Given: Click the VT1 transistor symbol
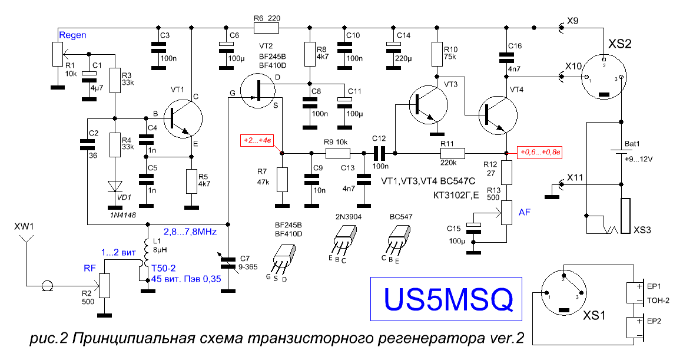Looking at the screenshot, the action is tap(183, 119).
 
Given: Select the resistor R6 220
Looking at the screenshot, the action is tap(266, 28).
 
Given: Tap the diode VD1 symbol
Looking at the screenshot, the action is tap(115, 187).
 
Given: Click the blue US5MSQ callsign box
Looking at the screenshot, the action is tap(446, 299).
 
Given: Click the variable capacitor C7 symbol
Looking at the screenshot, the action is tap(228, 263).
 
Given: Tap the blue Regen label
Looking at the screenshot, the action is tap(72, 35).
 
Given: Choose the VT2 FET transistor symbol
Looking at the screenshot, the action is tap(258, 91).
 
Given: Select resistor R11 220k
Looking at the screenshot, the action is tap(453, 153).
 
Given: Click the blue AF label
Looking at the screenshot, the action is tap(525, 212).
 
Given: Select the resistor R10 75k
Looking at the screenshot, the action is tap(437, 54).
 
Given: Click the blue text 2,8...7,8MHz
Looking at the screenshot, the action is tap(190, 232).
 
